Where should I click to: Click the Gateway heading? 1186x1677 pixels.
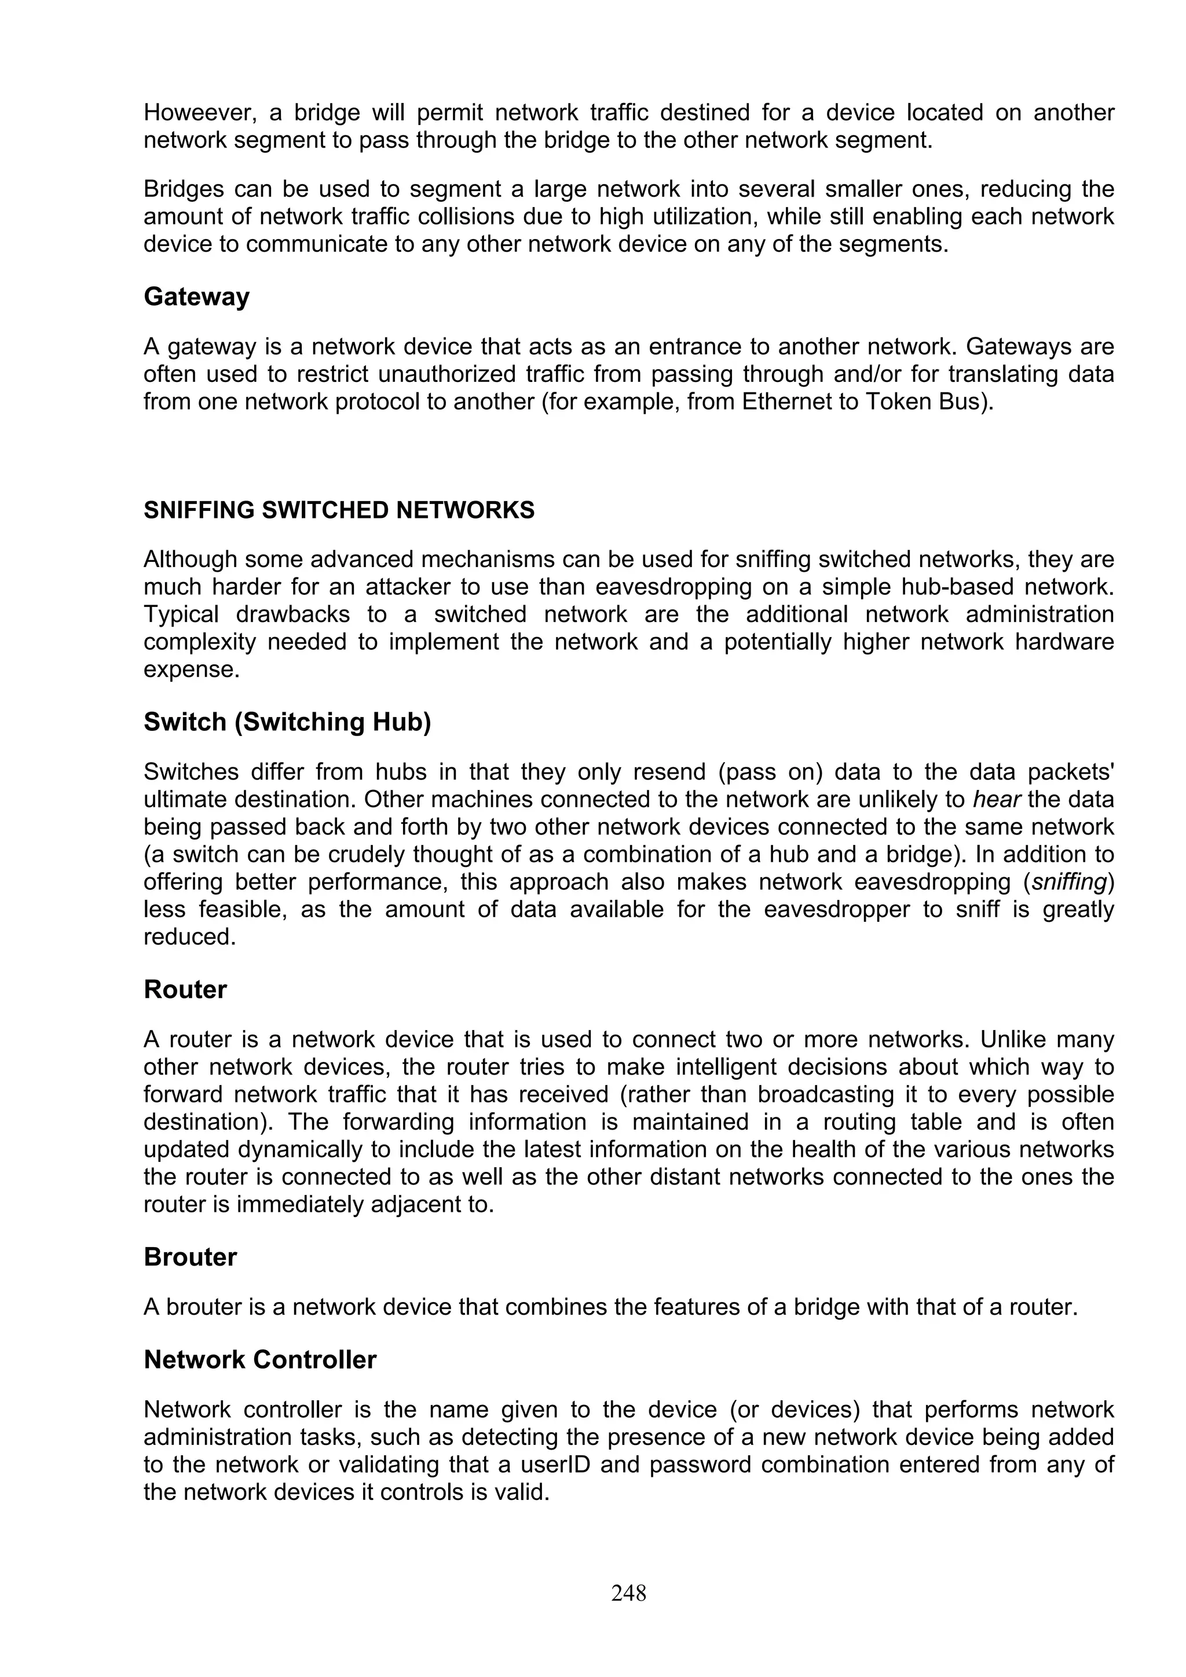(196, 296)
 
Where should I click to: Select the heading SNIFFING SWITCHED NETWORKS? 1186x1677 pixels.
(339, 510)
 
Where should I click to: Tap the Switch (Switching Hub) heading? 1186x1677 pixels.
(287, 722)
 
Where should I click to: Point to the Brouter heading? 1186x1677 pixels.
(190, 1256)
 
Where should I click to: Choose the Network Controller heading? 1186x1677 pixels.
(259, 1359)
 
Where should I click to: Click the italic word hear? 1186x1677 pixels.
(996, 800)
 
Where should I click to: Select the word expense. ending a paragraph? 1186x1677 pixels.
(192, 670)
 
